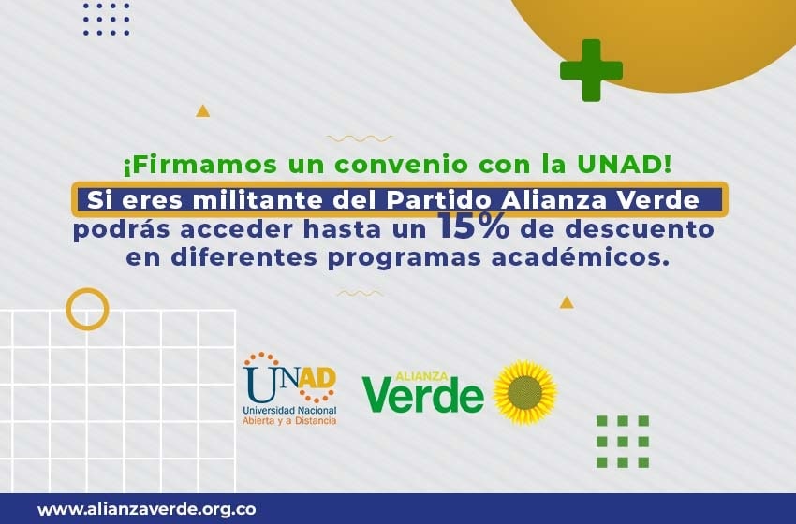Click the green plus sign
592,70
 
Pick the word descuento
639,228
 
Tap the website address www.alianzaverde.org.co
147,509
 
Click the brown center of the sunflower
524,393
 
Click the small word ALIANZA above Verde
421,376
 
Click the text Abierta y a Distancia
289,420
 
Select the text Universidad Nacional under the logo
289,410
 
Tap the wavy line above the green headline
360,138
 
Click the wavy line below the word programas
360,294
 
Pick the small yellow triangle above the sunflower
567,303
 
